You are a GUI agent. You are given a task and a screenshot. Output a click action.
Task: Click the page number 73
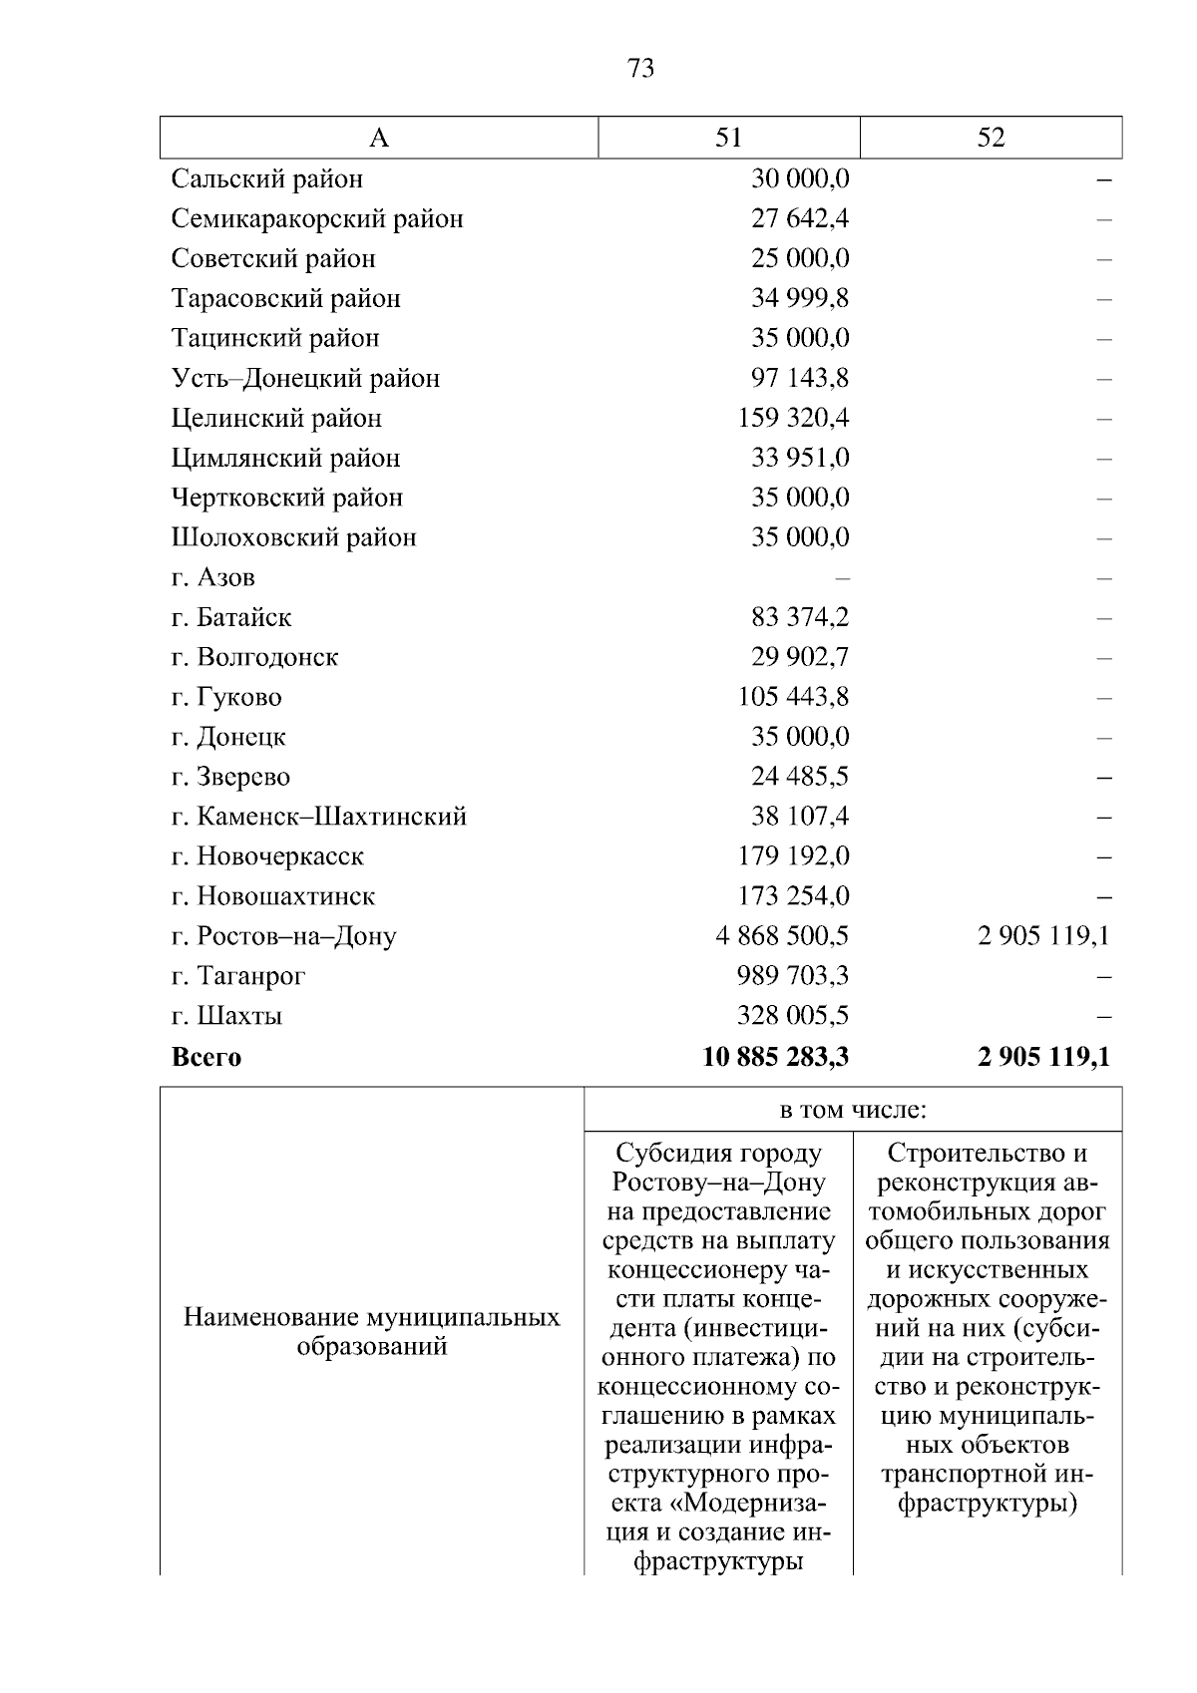pyautogui.click(x=641, y=68)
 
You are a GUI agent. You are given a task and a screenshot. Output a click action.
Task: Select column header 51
pyautogui.click(x=729, y=138)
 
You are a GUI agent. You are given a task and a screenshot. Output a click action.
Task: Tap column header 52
pyautogui.click(x=991, y=138)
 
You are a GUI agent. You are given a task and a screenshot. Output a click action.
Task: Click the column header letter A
pyautogui.click(x=379, y=138)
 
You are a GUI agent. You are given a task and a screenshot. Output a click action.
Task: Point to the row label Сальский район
pyautogui.click(x=266, y=179)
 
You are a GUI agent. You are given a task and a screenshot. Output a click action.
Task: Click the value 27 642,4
pyautogui.click(x=800, y=219)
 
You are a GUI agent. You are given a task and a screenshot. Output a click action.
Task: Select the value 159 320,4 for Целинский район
pyautogui.click(x=793, y=418)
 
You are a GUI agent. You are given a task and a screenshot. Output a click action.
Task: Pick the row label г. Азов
pyautogui.click(x=212, y=577)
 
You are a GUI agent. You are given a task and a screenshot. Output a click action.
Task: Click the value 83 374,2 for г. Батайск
pyautogui.click(x=800, y=617)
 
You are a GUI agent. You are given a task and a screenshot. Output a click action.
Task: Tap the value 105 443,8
pyautogui.click(x=793, y=697)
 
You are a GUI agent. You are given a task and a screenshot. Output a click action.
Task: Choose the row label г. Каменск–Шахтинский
pyautogui.click(x=318, y=817)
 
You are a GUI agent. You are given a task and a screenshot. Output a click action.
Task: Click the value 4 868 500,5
pyautogui.click(x=782, y=936)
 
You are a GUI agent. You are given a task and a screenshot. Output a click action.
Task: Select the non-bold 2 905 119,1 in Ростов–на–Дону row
pyautogui.click(x=1043, y=936)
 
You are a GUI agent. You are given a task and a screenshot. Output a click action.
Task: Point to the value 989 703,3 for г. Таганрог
pyautogui.click(x=793, y=976)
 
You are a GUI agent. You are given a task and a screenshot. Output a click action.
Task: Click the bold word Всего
pyautogui.click(x=206, y=1057)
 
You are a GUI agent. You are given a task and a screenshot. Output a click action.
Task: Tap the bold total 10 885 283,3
pyautogui.click(x=775, y=1057)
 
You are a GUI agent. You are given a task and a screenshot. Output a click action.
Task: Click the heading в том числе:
pyautogui.click(x=853, y=1110)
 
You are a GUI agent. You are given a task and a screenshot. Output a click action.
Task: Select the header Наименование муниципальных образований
pyautogui.click(x=372, y=1332)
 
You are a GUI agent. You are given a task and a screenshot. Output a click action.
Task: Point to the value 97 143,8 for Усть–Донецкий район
pyautogui.click(x=800, y=379)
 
